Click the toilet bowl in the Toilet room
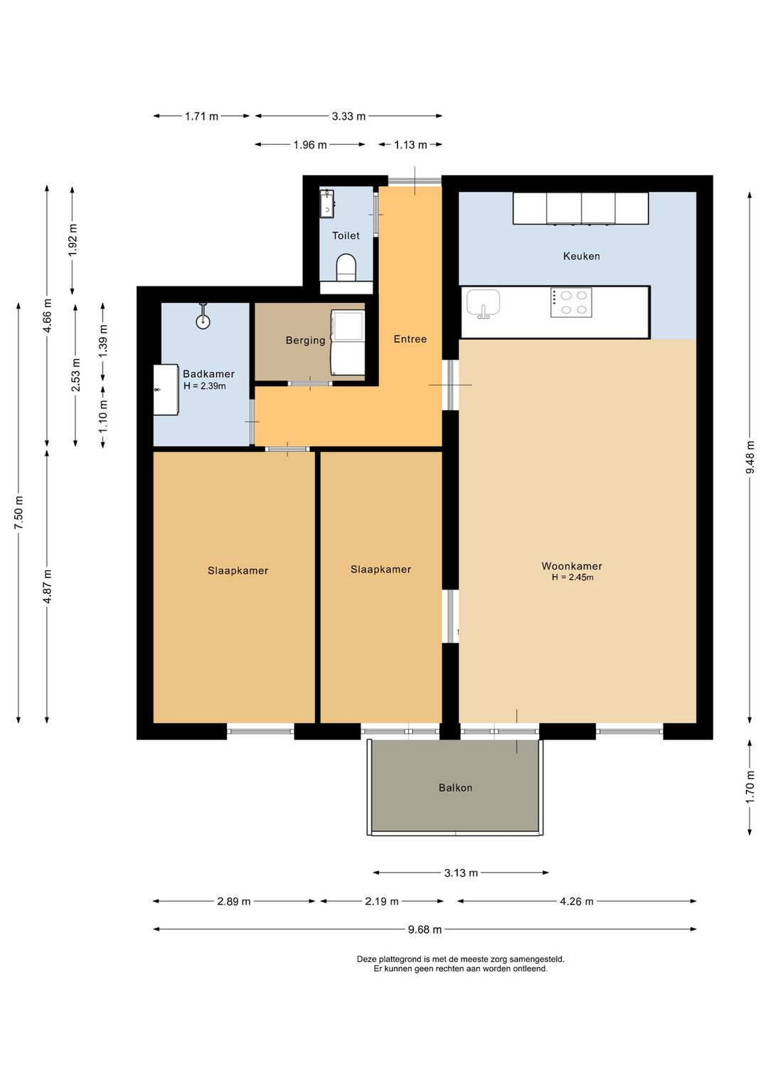click(346, 267)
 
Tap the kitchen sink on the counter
click(483, 304)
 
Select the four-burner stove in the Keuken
click(571, 302)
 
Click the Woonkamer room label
click(572, 566)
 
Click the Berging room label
click(305, 341)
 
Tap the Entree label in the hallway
click(410, 339)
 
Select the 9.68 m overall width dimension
click(425, 929)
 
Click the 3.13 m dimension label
click(461, 873)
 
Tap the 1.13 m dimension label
click(410, 145)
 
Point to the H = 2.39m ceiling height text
click(205, 386)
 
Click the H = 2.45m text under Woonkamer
click(572, 577)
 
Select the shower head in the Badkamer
click(203, 317)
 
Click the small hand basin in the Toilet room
click(327, 204)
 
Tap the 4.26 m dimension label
click(577, 902)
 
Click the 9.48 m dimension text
click(750, 457)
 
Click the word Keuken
click(581, 256)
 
